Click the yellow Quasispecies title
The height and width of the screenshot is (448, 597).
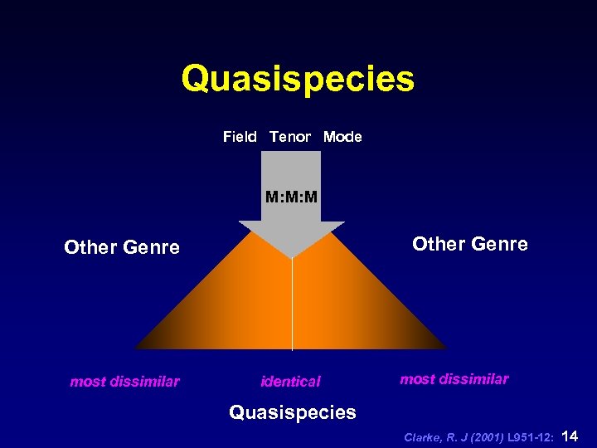(298, 80)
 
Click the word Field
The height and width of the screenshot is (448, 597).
(240, 137)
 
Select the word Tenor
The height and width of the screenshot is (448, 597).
(290, 137)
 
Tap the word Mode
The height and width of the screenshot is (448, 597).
(342, 137)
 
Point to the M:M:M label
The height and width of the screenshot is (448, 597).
(291, 197)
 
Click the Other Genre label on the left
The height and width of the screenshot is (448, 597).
(122, 248)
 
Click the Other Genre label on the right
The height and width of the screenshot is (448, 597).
(470, 244)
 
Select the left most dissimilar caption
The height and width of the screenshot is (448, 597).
(124, 382)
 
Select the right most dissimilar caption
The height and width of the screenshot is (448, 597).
(454, 379)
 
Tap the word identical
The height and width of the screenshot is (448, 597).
(290, 382)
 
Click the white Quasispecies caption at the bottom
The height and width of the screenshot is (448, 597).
(292, 412)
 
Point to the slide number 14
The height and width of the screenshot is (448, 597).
(570, 436)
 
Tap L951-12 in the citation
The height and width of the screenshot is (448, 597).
(525, 436)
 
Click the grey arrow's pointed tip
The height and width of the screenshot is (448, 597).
(292, 255)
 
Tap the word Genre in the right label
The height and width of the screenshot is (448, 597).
(500, 244)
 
